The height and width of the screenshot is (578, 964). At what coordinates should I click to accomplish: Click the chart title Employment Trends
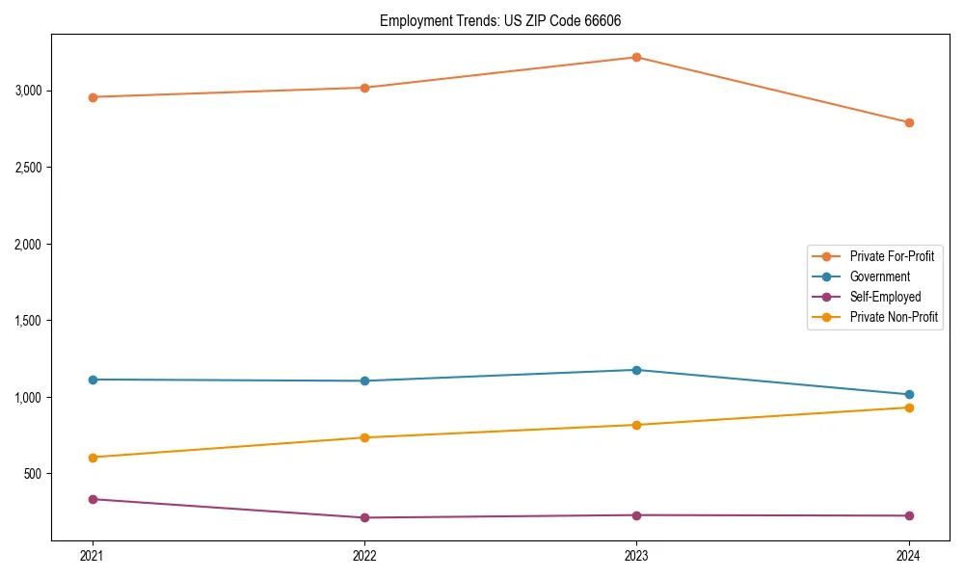[506, 20]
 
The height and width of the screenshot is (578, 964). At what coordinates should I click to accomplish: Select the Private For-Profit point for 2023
[637, 57]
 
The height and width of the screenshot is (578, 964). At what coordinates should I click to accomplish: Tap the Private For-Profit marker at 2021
[93, 97]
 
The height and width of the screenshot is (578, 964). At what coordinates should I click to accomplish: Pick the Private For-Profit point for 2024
[909, 122]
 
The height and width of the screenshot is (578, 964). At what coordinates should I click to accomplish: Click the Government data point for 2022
[364, 381]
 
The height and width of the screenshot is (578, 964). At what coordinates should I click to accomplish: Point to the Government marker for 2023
[637, 370]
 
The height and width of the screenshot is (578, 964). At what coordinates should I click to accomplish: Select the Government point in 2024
[909, 394]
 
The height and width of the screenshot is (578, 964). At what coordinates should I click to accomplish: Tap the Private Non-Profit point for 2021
[93, 458]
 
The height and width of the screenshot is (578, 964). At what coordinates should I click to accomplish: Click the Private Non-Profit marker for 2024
[909, 407]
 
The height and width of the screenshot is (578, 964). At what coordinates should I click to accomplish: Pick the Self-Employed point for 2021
[93, 499]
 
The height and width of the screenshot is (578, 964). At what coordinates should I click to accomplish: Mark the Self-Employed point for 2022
[364, 517]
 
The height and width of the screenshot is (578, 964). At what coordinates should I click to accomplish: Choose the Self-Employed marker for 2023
[637, 515]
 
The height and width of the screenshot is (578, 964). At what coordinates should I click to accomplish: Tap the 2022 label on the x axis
[364, 556]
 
